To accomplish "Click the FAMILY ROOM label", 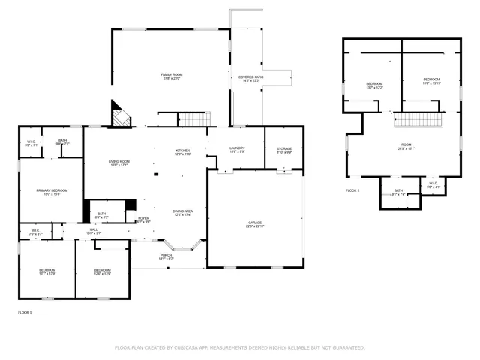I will point(172,75).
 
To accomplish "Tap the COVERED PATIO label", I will point(251,77).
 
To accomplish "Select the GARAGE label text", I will point(255,222).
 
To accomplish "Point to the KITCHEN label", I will point(183,151).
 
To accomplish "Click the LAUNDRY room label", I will point(237,148).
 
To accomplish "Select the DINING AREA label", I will point(183,211).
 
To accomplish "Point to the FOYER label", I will point(143,218).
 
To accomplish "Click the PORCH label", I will point(166,255).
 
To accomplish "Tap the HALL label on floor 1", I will point(93,231).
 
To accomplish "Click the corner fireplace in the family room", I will point(120,116).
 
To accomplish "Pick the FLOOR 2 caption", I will point(352,191).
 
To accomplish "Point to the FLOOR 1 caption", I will point(25,311).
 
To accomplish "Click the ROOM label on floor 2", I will point(406,145).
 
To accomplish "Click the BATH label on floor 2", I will point(398,190).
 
